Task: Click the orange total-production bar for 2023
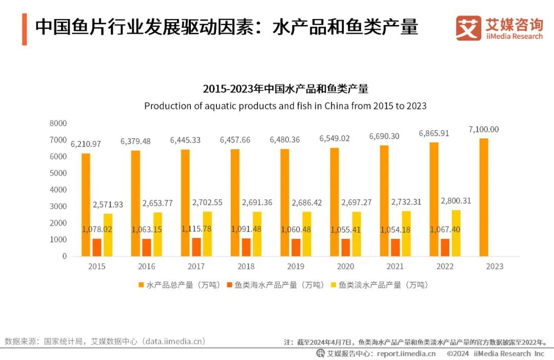[x=484, y=197]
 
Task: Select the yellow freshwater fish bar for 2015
[x=108, y=235]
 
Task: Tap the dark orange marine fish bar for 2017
[x=196, y=247]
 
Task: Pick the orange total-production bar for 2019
[x=285, y=203]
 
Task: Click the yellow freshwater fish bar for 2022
[x=456, y=233]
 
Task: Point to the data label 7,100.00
[x=483, y=129]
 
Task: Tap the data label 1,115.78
[x=196, y=229]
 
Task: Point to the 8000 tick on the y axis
[x=58, y=123]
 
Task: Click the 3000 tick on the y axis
[x=58, y=206]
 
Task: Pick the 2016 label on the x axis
[x=146, y=266]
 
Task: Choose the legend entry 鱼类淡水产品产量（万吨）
[x=379, y=285]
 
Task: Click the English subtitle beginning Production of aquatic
[x=285, y=106]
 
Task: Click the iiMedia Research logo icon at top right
[x=468, y=28]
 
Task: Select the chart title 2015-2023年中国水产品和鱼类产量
[x=285, y=89]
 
